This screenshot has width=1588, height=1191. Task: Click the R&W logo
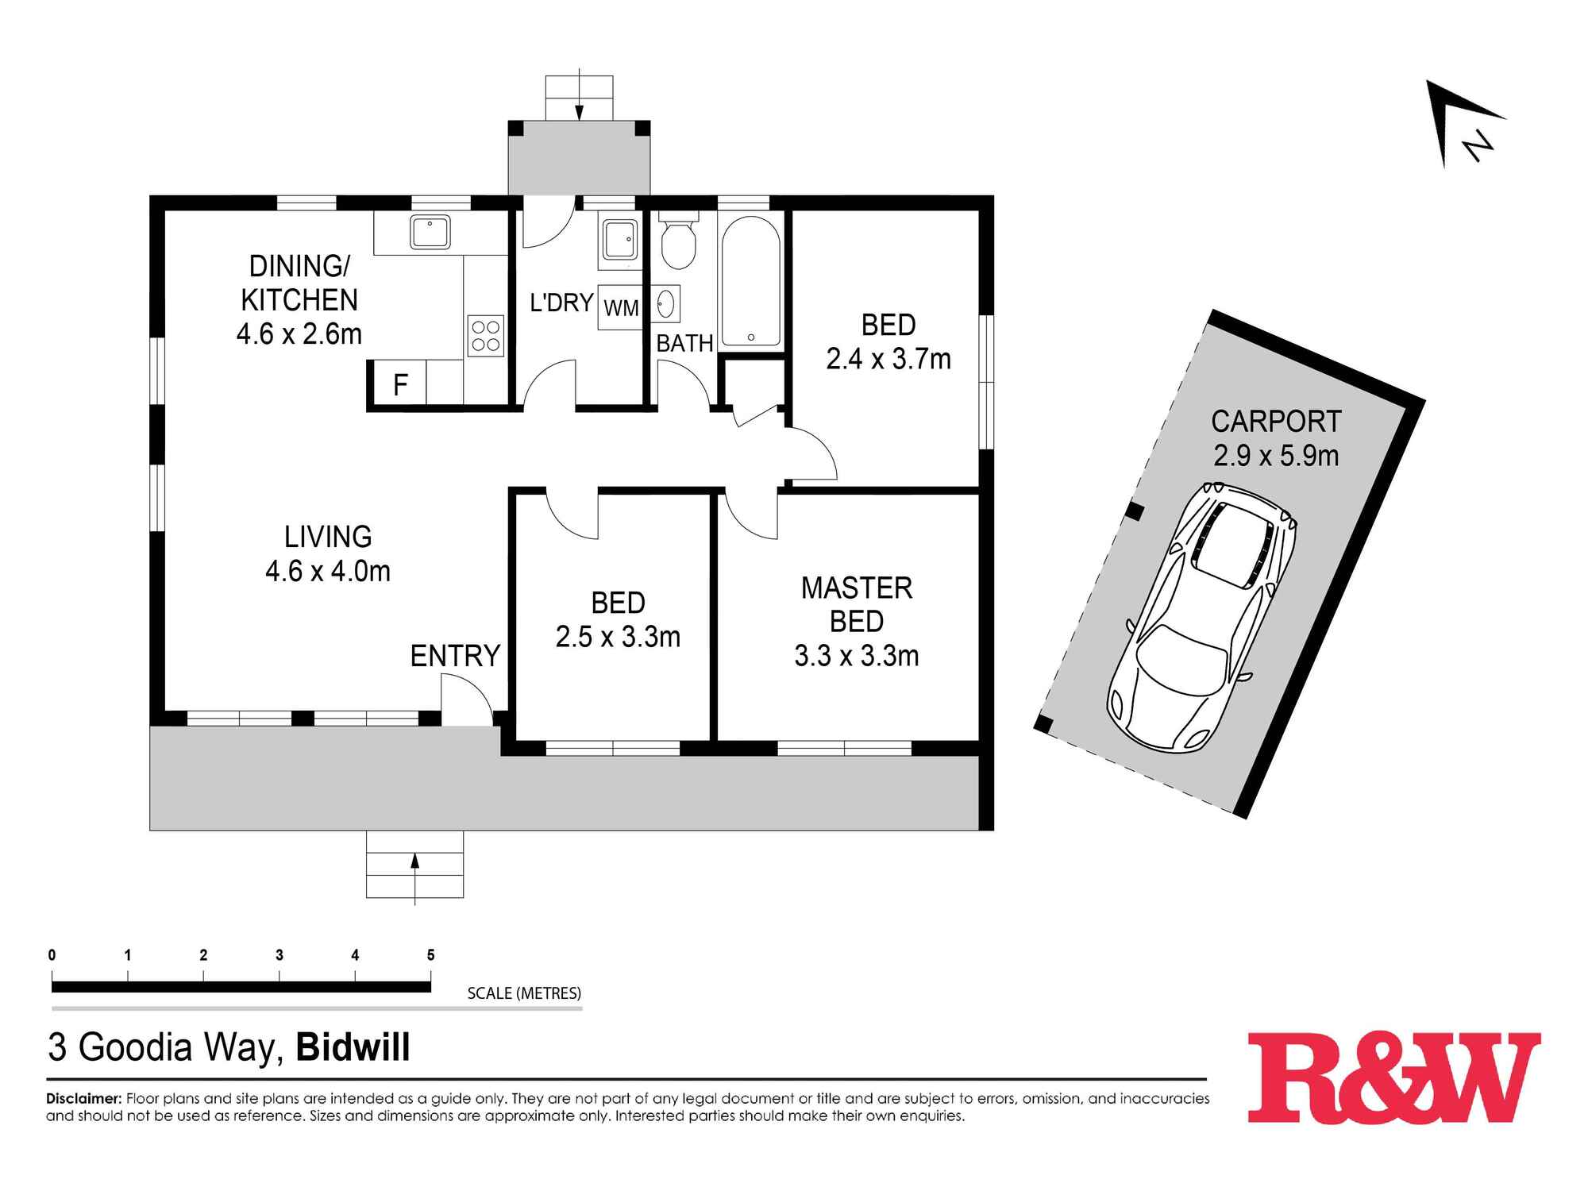(x=1393, y=1077)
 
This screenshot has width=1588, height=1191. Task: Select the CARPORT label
(x=1276, y=421)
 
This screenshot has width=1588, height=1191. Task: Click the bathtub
(x=750, y=281)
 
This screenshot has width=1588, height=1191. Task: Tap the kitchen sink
(x=430, y=232)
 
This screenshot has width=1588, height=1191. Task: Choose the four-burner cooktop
(x=486, y=334)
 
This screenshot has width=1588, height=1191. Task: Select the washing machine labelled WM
(x=620, y=307)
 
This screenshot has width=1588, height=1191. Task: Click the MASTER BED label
(x=857, y=604)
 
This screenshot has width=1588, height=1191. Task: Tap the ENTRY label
(x=455, y=656)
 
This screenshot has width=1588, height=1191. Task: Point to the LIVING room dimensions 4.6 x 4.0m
(x=328, y=571)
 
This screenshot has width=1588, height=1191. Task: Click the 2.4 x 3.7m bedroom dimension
(x=888, y=359)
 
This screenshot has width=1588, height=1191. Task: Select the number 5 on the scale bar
(x=431, y=955)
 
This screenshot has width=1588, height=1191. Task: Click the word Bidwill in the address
(x=353, y=1047)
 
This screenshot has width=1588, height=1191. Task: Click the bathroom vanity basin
(x=665, y=303)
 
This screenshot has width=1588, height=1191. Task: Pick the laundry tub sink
(x=619, y=239)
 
